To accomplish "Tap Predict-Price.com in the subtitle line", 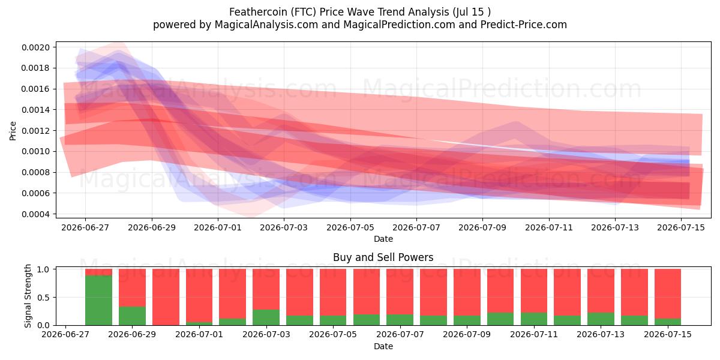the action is (x=524, y=25).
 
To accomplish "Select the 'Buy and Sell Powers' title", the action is (x=383, y=257).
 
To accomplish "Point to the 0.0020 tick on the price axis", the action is (x=35, y=47).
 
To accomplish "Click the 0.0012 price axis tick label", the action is (x=35, y=131).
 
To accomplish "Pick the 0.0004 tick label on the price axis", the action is (x=35, y=214).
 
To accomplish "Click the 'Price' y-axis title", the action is (x=13, y=131).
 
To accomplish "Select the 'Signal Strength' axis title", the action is (x=28, y=296).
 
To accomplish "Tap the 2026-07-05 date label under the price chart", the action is (x=350, y=227).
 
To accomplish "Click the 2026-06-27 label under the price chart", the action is (x=85, y=227).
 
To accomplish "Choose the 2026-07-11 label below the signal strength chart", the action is (x=534, y=334).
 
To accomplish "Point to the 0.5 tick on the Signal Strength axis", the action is (x=43, y=298).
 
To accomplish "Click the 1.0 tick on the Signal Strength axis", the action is (x=43, y=269).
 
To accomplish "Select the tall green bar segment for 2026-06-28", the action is (x=98, y=300).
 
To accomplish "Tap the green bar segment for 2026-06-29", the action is (x=132, y=316).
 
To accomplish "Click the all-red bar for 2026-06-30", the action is (x=166, y=297).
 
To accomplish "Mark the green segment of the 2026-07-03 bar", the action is (x=266, y=317).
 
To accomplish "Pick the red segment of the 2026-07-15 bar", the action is (x=668, y=294).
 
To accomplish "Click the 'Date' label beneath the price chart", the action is (x=383, y=239).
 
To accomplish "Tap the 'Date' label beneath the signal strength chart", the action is (x=383, y=346).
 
